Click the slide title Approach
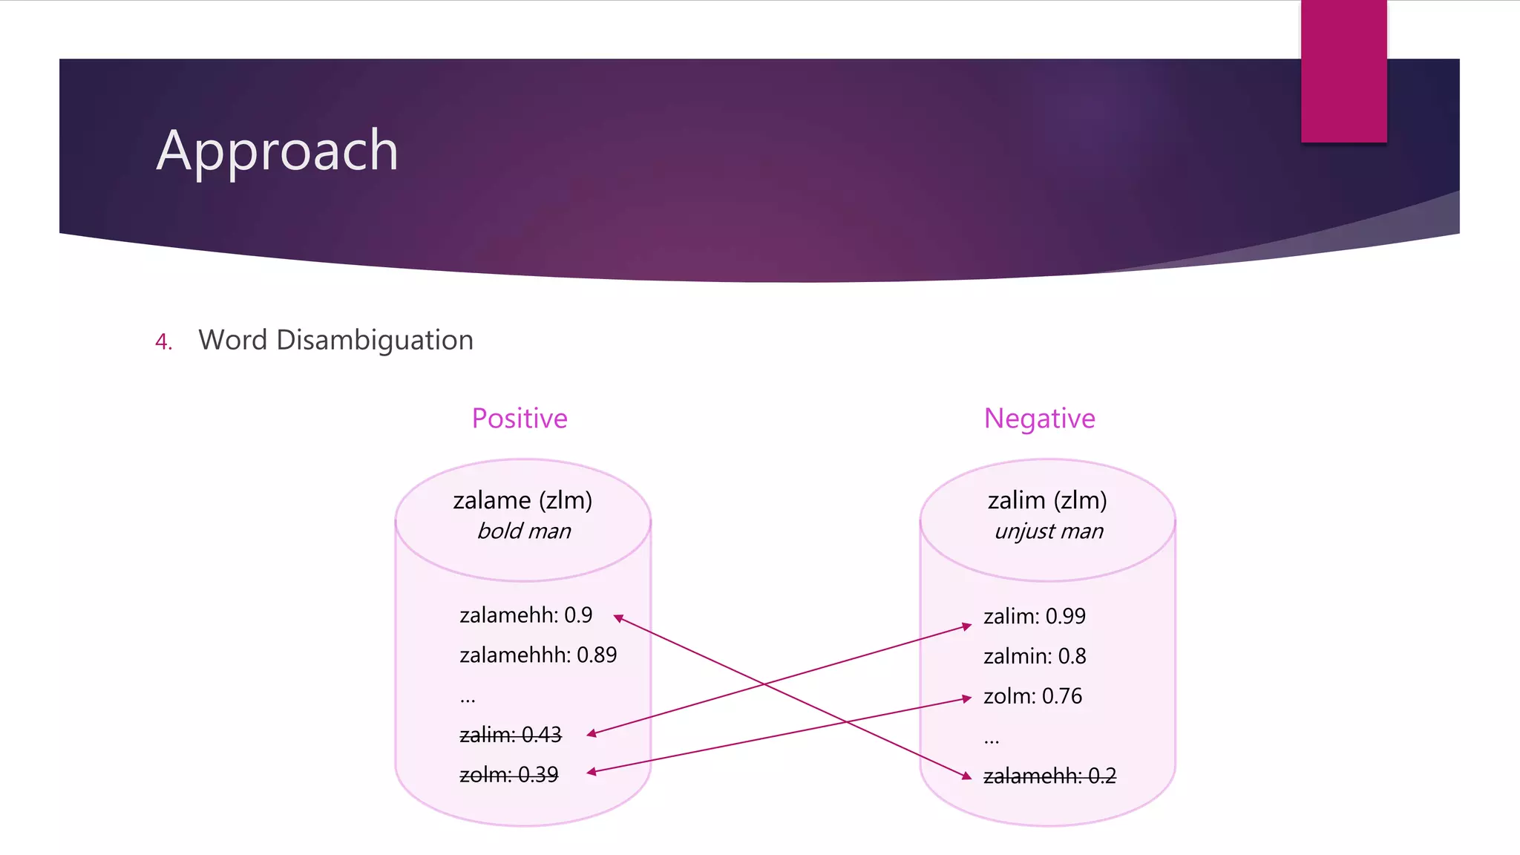278,151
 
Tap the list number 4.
163,342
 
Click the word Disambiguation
374,341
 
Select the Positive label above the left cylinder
520,419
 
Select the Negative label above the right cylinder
1039,419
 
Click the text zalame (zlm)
522,501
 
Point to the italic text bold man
524,531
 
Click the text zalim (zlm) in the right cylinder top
1047,501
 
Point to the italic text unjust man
1049,531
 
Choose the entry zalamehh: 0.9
525,615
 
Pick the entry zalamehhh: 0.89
538,655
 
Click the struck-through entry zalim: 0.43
511,735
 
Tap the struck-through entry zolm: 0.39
508,775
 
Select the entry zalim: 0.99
1034,616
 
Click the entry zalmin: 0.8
1034,656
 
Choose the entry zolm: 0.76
1032,696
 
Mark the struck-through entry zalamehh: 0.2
1049,776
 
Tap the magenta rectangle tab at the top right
1343,71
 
